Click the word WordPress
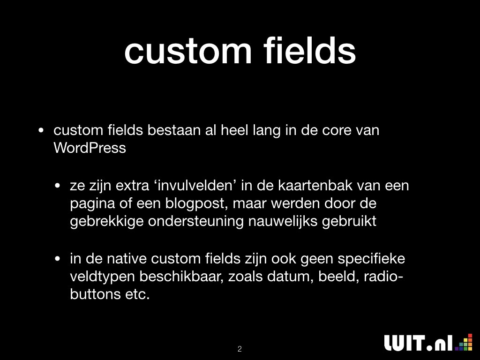90,148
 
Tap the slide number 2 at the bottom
240,349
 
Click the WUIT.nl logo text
419,343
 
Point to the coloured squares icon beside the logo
464,342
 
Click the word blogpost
196,204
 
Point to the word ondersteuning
195,222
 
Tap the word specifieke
371,259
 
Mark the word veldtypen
103,277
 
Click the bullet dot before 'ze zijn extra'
57,186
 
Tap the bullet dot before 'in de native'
57,259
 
